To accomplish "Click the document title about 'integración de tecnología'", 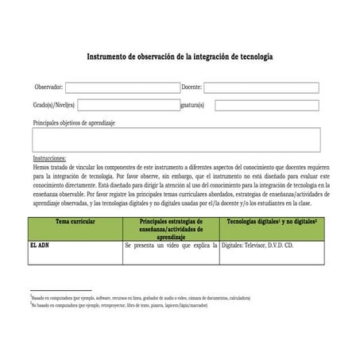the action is (x=180, y=58).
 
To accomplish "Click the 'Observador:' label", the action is (x=48, y=87).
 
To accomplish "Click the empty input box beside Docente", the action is (x=261, y=87).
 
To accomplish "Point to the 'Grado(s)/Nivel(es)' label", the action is (x=54, y=105).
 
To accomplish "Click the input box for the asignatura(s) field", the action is (x=266, y=105).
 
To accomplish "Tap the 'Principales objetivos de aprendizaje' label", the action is (x=74, y=122).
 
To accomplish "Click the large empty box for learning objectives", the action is (x=176, y=139).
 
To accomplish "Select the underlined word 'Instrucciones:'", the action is (x=50, y=158).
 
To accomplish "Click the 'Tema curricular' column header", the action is (x=75, y=222).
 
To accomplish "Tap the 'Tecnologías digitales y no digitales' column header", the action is (x=271, y=222).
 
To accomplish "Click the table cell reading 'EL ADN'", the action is (x=40, y=246).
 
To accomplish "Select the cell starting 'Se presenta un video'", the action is (x=171, y=246).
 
